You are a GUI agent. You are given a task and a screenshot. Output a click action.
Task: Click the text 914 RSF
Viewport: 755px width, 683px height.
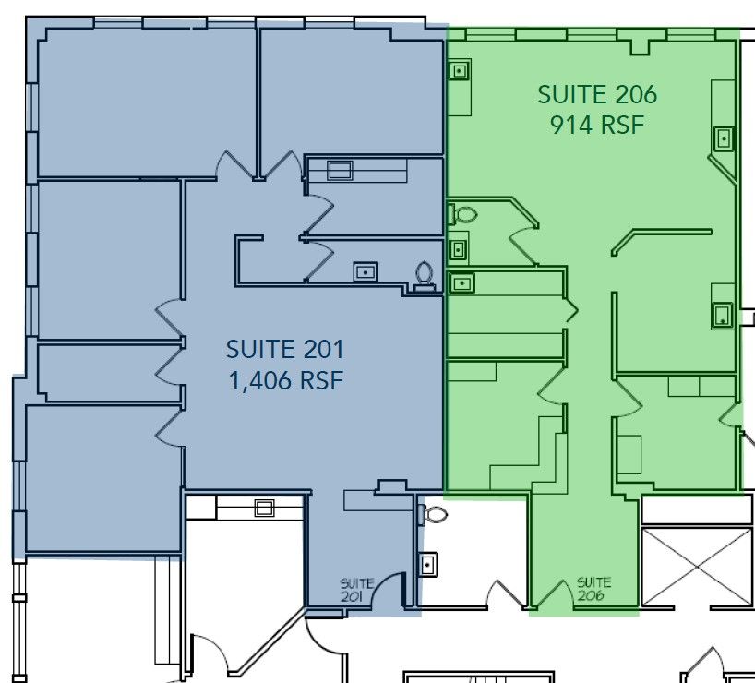[597, 126]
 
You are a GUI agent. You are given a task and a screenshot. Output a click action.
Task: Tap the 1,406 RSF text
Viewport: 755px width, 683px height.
[286, 380]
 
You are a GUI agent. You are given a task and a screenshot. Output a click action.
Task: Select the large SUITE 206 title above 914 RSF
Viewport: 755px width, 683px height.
[597, 94]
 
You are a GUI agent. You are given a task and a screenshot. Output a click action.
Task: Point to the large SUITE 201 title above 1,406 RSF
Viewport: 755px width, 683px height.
[285, 349]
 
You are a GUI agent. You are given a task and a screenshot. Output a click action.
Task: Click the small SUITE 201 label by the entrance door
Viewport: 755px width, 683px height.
[357, 590]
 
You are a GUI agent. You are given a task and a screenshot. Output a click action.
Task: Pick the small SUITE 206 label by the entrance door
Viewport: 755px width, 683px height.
[593, 589]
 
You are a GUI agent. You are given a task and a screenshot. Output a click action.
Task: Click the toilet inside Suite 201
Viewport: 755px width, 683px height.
[425, 276]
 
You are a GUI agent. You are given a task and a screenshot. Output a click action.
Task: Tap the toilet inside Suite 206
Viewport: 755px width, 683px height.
[461, 214]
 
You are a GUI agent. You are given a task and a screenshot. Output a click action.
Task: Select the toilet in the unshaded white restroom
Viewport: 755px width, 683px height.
[432, 514]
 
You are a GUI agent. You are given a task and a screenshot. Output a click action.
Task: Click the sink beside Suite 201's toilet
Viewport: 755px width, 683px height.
[366, 271]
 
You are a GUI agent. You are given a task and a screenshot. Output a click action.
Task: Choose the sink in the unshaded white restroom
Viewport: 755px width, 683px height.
[427, 564]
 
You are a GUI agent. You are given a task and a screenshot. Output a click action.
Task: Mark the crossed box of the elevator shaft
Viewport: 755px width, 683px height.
[697, 567]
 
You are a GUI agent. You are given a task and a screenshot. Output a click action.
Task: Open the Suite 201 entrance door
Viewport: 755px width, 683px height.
[389, 589]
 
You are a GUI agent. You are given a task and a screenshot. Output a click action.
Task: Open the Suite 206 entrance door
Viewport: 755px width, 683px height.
[549, 593]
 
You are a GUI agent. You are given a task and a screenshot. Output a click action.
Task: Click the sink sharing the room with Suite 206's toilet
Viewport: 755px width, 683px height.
[458, 249]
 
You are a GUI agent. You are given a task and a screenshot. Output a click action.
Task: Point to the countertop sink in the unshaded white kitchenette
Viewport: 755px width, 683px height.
[264, 509]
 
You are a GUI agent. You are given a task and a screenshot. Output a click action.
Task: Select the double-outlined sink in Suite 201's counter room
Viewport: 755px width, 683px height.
[340, 170]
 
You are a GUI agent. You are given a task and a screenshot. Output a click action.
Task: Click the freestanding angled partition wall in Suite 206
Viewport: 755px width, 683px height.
[662, 242]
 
